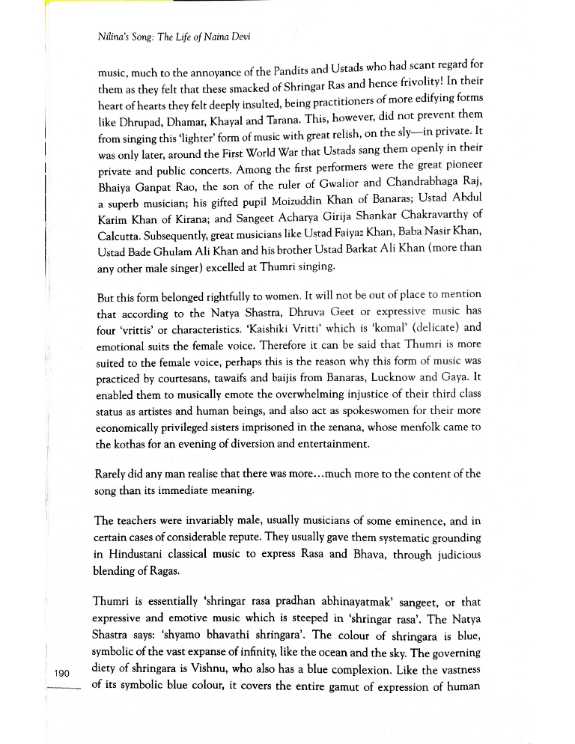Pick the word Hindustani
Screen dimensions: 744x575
point(141,555)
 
